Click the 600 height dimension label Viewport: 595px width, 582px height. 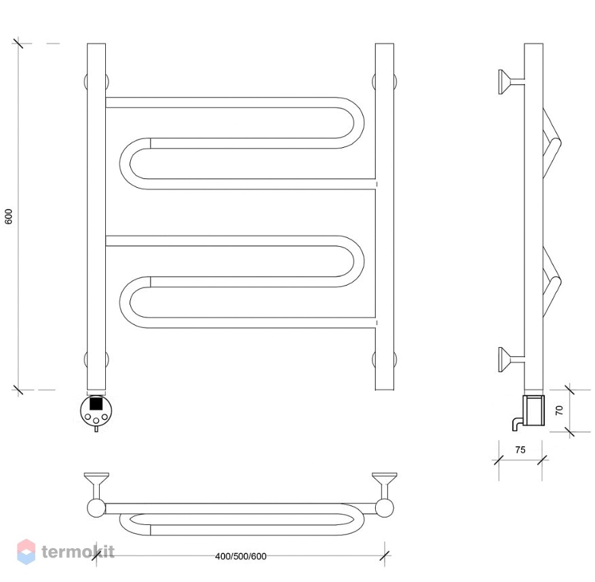[9, 216]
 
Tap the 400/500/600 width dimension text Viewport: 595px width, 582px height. [241, 556]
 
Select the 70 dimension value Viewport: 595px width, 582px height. [559, 410]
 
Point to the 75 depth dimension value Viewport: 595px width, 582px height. [520, 450]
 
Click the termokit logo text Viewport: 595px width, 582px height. [78, 551]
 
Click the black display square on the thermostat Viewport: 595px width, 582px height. [96, 403]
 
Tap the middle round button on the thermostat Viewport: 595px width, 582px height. [96, 421]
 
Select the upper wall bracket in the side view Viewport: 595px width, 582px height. [511, 81]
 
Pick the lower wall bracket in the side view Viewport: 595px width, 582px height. [511, 360]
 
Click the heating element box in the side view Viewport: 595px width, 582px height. [535, 410]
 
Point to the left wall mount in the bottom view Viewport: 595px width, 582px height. [96, 494]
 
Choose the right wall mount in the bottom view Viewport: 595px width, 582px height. [385, 494]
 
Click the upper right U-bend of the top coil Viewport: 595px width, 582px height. [351, 123]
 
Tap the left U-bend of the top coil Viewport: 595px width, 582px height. [131, 164]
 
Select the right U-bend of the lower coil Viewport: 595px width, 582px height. [351, 261]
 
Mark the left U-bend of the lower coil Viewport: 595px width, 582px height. [131, 303]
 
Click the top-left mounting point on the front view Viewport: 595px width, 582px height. [96, 81]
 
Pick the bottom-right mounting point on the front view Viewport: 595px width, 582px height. [385, 360]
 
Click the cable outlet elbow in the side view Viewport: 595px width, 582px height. [517, 424]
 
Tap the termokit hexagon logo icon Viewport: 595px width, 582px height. [26, 551]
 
